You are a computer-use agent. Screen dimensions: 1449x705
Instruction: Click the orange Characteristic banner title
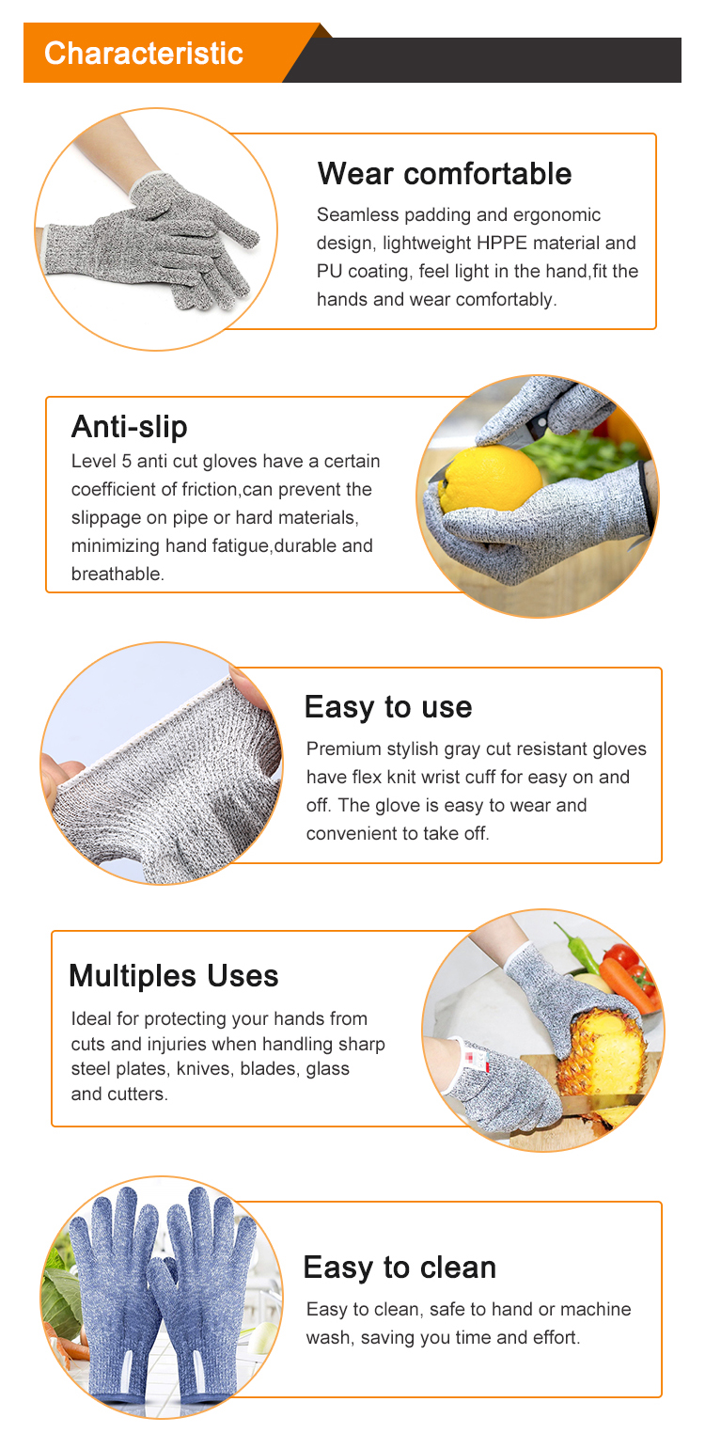coord(143,53)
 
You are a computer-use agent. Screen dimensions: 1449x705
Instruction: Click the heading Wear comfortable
coord(444,174)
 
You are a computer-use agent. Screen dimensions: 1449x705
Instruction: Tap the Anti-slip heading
coord(129,427)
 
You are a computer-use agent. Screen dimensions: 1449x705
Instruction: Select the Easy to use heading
coord(387,707)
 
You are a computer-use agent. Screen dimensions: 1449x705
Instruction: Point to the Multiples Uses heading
coord(173,976)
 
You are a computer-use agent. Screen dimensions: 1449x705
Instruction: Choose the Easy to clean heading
coord(399,1268)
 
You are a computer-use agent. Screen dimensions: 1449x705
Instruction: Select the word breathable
coord(117,575)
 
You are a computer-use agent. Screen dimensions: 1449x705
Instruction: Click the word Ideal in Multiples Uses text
coord(91,1019)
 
